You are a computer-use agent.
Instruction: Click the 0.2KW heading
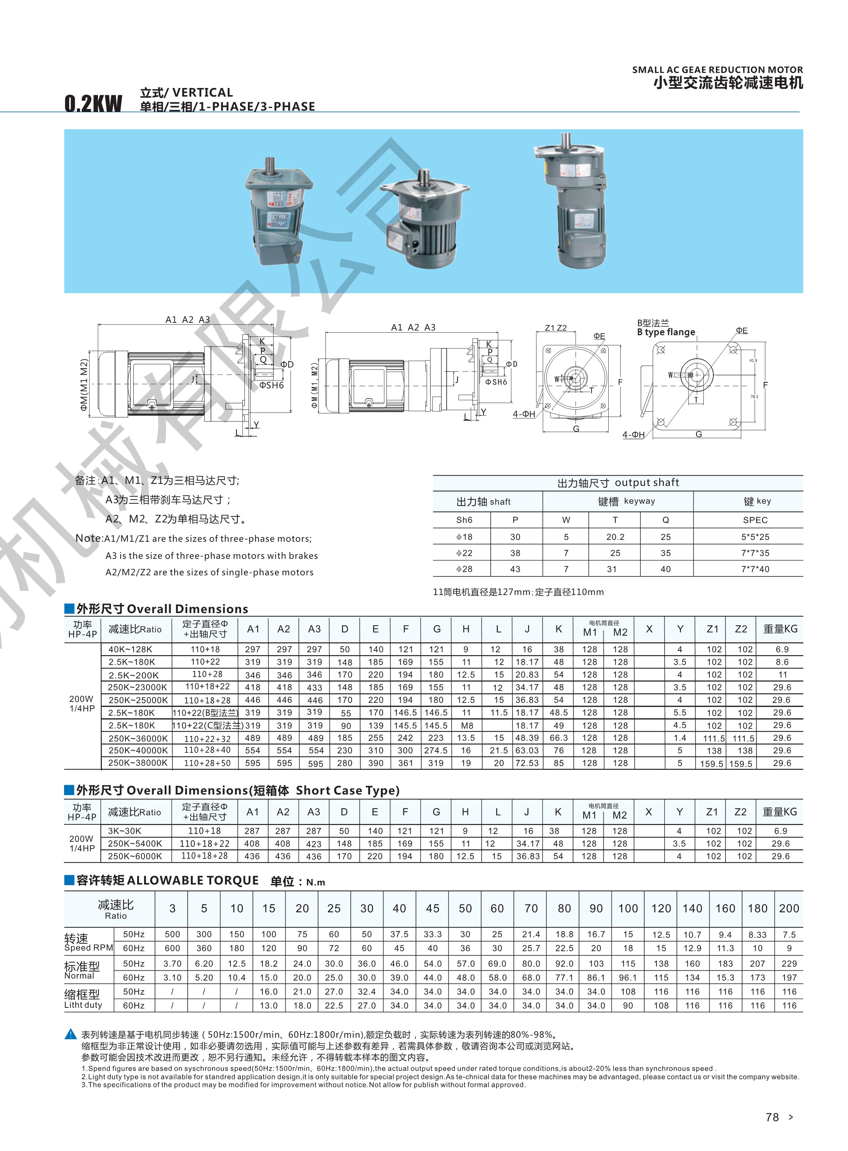tap(93, 103)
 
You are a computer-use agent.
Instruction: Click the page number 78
tap(772, 1117)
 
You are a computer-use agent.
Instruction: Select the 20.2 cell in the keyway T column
tap(615, 537)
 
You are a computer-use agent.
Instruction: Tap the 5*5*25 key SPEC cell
tap(755, 537)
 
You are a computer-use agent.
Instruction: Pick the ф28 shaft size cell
tap(464, 569)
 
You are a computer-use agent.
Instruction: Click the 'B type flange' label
tap(666, 332)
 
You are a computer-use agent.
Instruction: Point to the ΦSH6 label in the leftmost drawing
tap(271, 385)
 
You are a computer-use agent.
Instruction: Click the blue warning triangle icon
tap(71, 1034)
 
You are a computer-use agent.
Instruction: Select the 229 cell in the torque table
tap(789, 964)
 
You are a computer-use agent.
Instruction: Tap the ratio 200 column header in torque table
tap(789, 908)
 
